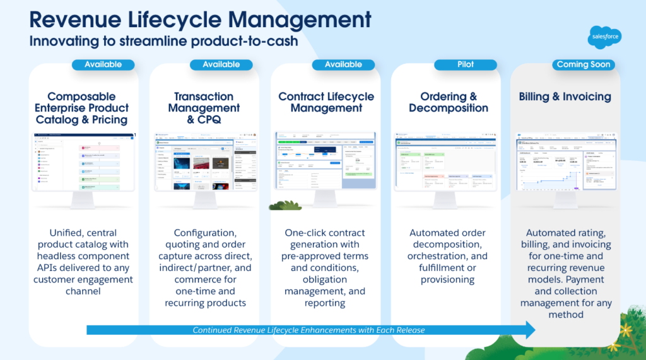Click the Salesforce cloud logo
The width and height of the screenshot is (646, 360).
(x=604, y=37)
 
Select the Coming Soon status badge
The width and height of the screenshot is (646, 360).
(x=584, y=64)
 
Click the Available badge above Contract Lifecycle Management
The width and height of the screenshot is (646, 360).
(x=343, y=64)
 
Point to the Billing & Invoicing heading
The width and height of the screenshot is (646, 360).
(x=565, y=96)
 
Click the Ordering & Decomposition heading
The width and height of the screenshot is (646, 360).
(x=448, y=102)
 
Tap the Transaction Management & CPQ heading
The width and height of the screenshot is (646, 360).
(x=203, y=108)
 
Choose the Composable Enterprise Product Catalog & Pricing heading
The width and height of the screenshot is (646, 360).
(x=81, y=108)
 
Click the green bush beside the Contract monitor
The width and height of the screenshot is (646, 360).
(x=283, y=205)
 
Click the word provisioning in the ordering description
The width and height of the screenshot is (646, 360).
(x=448, y=279)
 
